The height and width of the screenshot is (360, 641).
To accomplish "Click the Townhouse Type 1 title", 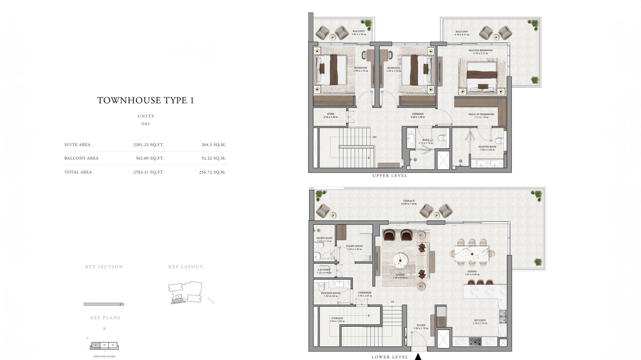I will click(145, 100).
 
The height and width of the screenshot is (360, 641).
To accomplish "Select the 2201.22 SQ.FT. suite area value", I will click(148, 145).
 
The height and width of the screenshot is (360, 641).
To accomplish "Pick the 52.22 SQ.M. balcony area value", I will click(213, 158).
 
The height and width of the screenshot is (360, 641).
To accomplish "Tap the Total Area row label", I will click(78, 172).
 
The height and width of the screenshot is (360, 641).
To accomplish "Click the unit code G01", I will click(146, 124).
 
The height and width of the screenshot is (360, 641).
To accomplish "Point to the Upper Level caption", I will click(390, 176).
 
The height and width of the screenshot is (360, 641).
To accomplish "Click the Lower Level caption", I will click(390, 357).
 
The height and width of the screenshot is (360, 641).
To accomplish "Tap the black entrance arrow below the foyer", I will click(418, 357).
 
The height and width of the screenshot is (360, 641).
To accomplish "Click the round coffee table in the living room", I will click(400, 260).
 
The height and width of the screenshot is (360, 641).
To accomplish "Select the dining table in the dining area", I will click(472, 254).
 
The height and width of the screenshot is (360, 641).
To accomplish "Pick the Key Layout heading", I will click(185, 267).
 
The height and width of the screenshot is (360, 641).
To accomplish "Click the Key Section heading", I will click(104, 267).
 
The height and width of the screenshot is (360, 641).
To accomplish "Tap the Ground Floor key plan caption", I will click(104, 356).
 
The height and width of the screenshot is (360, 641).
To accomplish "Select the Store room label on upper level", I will click(330, 115).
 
